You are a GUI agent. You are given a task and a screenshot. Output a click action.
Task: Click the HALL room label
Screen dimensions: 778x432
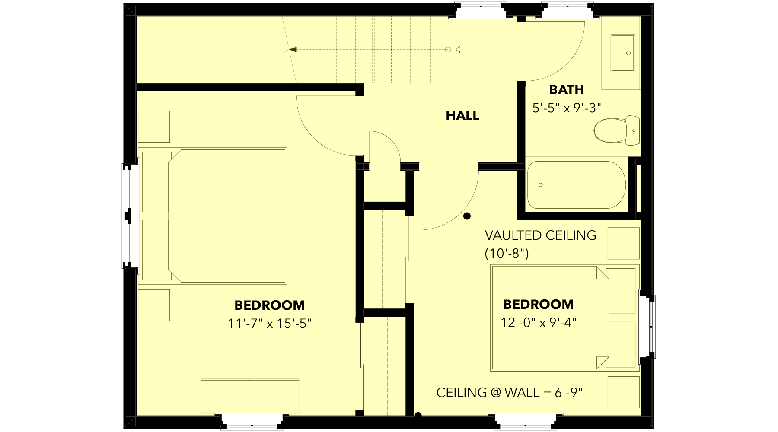(462, 116)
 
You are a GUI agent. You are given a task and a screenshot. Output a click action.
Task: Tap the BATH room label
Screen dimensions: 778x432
(566, 90)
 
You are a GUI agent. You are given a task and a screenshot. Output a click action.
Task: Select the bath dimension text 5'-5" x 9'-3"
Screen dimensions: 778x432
(567, 108)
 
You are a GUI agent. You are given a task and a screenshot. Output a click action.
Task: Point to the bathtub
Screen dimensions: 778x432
(576, 185)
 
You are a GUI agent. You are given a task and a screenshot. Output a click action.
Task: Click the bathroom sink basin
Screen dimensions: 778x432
(622, 53)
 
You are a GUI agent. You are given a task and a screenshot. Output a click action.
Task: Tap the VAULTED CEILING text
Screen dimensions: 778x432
(540, 235)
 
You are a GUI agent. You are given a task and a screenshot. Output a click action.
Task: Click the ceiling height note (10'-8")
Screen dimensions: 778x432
(507, 253)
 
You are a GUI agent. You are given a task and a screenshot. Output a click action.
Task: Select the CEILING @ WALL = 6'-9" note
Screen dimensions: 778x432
(509, 393)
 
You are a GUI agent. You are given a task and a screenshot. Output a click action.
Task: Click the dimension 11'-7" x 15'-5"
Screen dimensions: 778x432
(270, 324)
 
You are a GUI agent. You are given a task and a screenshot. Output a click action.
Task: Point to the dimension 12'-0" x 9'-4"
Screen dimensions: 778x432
(539, 323)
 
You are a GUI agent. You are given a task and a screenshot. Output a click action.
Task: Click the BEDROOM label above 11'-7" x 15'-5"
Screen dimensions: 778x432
(270, 305)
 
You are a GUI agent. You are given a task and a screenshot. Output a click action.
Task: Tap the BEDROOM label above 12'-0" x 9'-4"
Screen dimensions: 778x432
(539, 305)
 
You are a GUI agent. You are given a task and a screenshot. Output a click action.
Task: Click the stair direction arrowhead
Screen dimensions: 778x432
(293, 50)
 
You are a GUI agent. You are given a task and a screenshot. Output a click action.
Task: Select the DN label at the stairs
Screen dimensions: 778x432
(458, 49)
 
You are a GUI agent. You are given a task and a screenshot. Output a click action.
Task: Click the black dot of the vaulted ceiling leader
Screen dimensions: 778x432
(467, 216)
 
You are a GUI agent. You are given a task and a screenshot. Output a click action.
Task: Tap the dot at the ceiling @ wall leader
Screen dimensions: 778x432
(418, 416)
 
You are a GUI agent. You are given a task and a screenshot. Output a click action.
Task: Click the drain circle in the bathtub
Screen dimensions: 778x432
(541, 185)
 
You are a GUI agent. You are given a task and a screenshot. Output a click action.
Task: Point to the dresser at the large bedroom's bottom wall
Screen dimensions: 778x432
(250, 396)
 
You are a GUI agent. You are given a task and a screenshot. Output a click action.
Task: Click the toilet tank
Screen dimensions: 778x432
(633, 130)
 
